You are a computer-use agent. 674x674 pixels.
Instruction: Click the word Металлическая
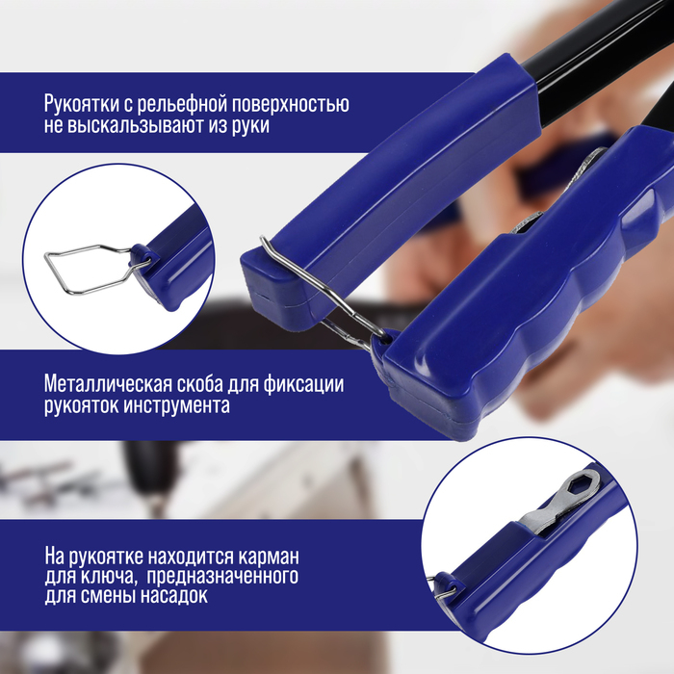[x=108, y=384]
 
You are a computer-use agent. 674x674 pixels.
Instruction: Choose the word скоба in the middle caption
[x=199, y=384]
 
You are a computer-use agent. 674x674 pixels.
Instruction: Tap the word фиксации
[x=303, y=384]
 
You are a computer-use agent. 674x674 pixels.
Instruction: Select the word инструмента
[x=176, y=405]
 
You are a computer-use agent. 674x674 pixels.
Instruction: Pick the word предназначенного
[x=222, y=576]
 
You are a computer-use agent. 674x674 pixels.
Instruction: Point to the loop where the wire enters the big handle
[x=385, y=337]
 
